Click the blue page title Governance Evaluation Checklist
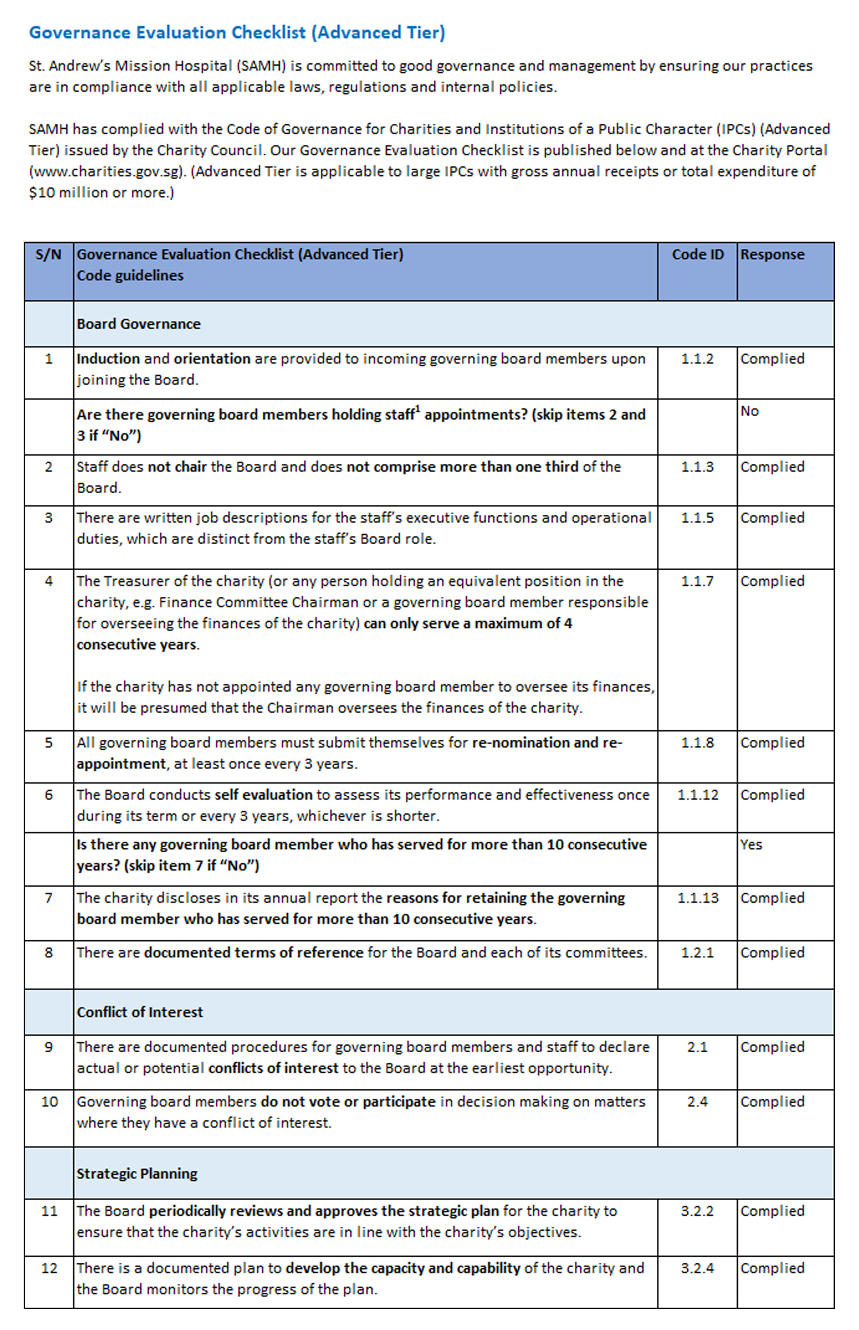tap(237, 32)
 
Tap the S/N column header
tap(49, 254)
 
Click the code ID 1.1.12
tap(697, 794)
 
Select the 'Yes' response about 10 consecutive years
tap(751, 844)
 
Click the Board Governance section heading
tap(138, 324)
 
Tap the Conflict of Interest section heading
tap(140, 1012)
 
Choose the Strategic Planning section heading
tap(137, 1173)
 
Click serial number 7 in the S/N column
tap(49, 897)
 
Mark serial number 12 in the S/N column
tap(49, 1267)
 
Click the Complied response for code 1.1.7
tap(772, 581)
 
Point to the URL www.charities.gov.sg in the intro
tap(106, 171)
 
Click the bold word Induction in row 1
tap(108, 358)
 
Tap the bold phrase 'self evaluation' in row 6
tap(263, 794)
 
